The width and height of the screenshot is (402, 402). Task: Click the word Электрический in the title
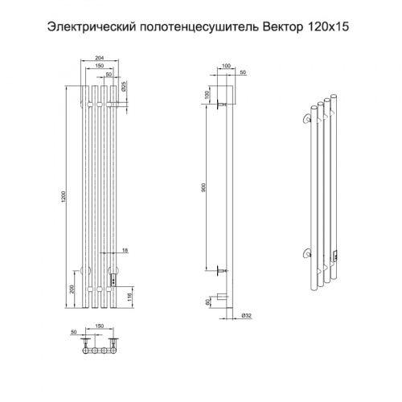click(90, 27)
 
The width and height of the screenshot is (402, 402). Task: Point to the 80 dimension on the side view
click(207, 301)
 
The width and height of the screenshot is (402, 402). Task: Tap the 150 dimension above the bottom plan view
click(100, 326)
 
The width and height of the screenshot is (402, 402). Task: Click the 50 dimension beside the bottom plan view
click(72, 330)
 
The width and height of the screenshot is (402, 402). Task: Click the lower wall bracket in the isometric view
click(305, 256)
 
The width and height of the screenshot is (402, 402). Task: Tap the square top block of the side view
click(228, 96)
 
